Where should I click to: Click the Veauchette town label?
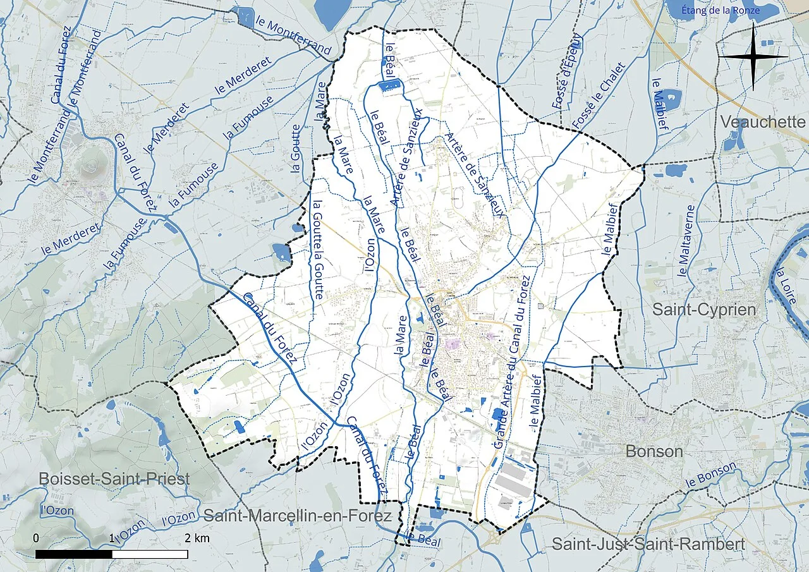[763, 121]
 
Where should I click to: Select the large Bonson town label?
[654, 451]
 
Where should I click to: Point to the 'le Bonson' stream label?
[711, 475]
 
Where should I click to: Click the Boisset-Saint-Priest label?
[114, 478]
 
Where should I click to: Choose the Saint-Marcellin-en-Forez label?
[297, 515]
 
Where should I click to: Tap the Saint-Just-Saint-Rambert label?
[648, 544]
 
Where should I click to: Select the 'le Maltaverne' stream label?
[686, 240]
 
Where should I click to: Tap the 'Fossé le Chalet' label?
[597, 95]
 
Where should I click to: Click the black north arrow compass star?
[753, 57]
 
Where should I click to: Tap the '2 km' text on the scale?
[197, 539]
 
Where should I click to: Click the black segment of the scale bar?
[74, 554]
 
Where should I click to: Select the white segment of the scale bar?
[150, 554]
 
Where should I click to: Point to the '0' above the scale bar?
[36, 539]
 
